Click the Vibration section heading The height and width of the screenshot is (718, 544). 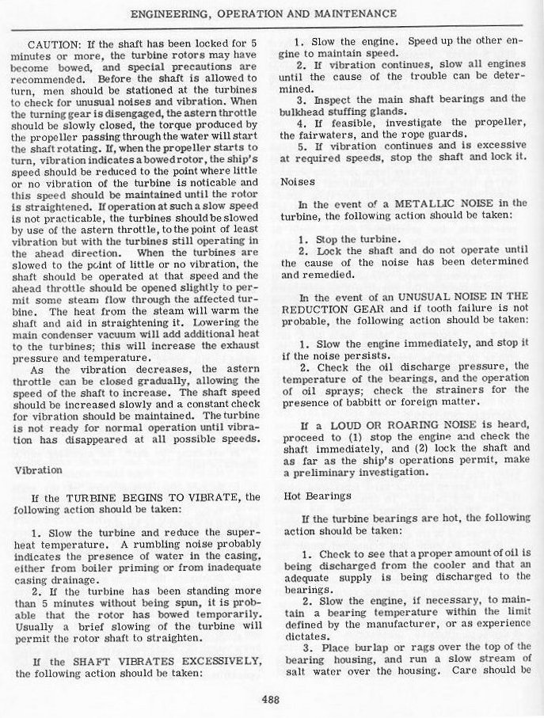click(38, 469)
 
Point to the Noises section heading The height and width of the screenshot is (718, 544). click(297, 180)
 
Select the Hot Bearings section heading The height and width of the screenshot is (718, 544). click(317, 496)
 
